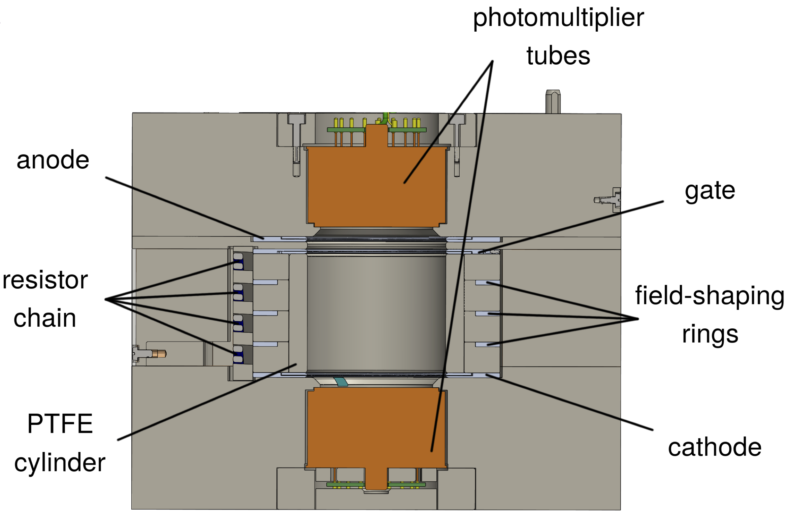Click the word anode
[53, 160]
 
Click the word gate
[710, 191]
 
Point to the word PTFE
[60, 424]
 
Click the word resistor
[45, 280]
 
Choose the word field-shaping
[710, 295]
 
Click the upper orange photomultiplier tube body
[376, 187]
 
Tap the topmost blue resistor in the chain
[238, 261]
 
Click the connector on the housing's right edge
[608, 200]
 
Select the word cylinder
[60, 462]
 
